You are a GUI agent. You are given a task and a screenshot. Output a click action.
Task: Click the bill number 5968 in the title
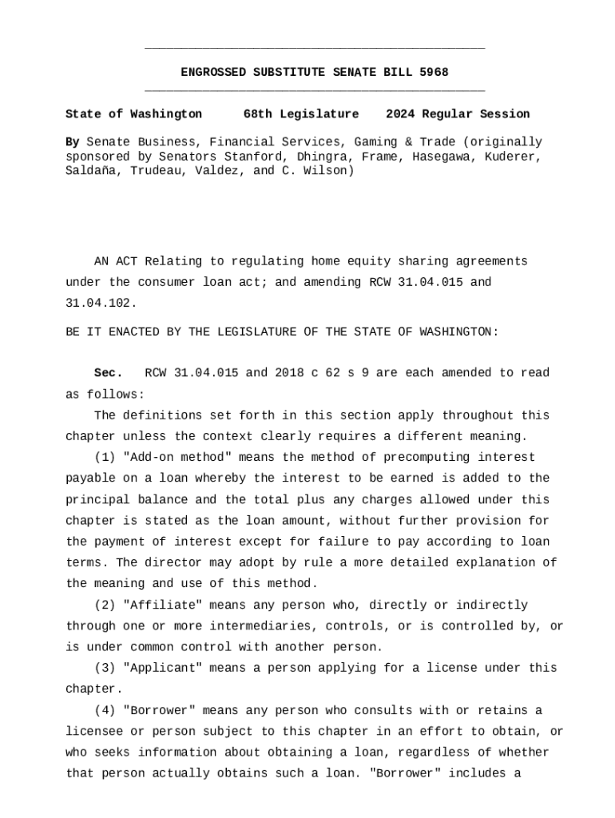tap(434, 73)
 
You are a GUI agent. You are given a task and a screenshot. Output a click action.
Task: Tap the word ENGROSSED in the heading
tap(213, 73)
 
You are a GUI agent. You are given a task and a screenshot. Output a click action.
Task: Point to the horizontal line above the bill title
tap(315, 50)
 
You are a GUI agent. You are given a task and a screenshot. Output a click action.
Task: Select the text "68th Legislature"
tap(301, 114)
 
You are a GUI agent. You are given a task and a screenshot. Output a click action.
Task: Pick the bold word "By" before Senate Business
tap(73, 142)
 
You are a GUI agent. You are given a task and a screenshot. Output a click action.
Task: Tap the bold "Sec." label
tap(109, 374)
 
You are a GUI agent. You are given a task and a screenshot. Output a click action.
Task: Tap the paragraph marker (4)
tap(105, 711)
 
